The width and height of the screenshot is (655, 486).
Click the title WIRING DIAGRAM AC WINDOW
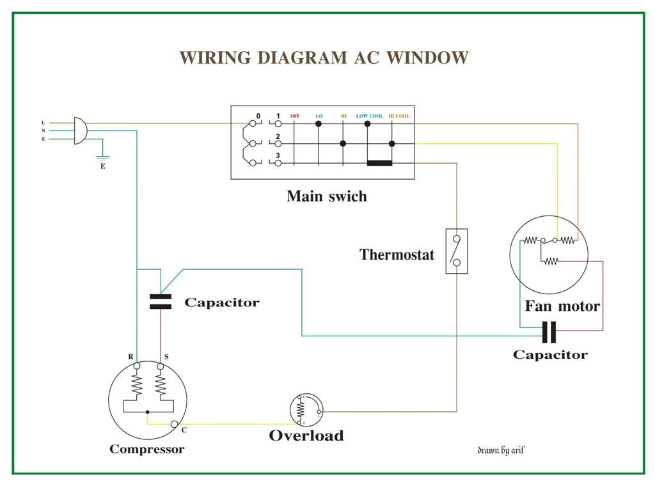click(324, 58)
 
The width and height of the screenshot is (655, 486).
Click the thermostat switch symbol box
click(456, 251)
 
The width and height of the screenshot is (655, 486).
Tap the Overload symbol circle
click(306, 410)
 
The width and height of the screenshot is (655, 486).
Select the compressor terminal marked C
click(174, 424)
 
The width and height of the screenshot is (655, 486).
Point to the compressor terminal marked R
click(136, 366)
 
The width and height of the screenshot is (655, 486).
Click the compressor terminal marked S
click(160, 366)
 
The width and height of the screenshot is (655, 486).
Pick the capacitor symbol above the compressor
click(161, 302)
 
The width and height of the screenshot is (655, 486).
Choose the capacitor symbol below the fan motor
click(549, 333)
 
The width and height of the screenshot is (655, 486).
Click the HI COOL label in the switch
click(399, 116)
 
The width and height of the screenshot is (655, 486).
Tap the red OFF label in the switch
click(295, 116)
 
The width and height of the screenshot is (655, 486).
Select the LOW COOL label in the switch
click(369, 116)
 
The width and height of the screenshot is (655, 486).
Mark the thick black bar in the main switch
click(379, 163)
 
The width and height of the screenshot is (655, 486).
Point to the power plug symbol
click(80, 130)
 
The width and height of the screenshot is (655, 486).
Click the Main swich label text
click(326, 196)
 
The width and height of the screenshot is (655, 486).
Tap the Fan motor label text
click(562, 306)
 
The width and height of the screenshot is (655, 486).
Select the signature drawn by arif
click(501, 450)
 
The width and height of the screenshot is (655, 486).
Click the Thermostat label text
click(397, 255)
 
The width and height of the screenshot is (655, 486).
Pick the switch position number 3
click(278, 155)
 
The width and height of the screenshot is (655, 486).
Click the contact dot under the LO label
click(319, 123)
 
